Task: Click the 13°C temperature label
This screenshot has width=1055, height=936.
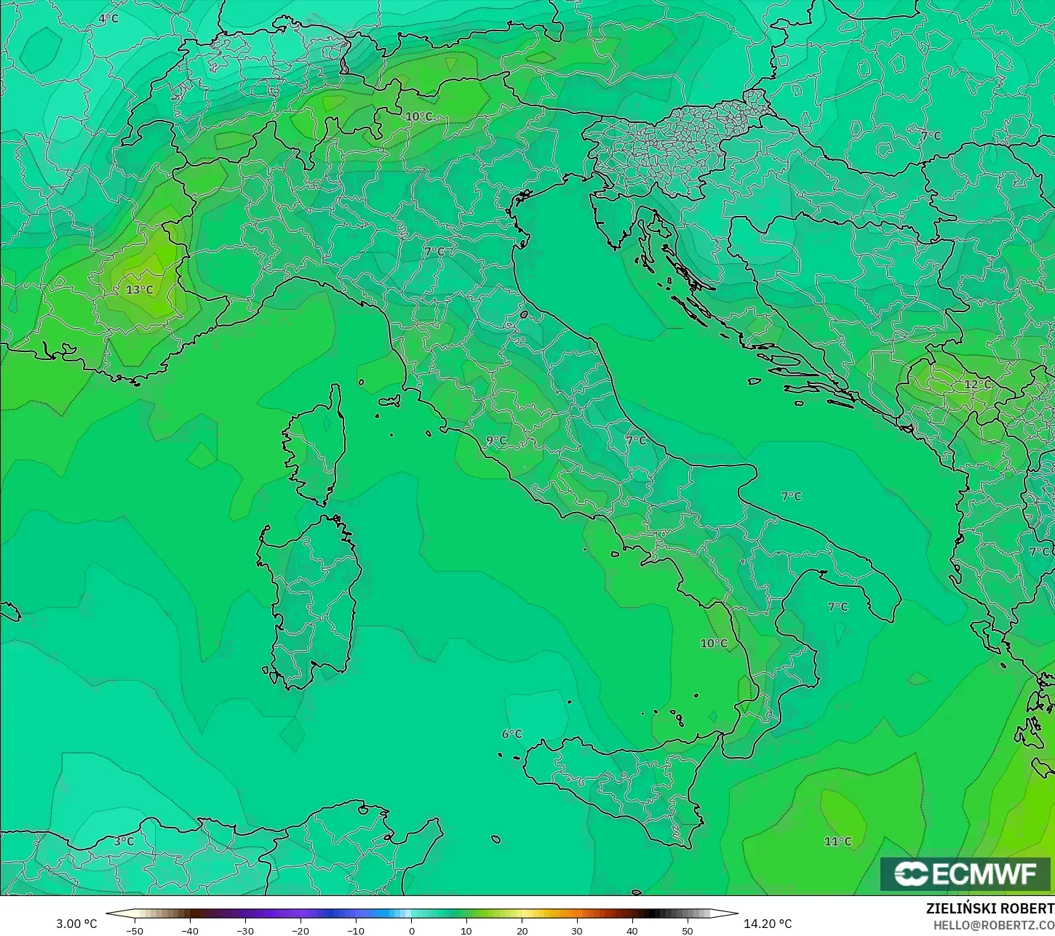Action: (x=140, y=289)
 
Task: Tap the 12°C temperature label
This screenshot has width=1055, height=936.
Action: (x=978, y=384)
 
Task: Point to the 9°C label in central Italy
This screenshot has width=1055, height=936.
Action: (x=497, y=441)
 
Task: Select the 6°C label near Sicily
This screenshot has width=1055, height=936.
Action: (x=512, y=734)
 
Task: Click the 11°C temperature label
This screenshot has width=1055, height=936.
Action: (x=837, y=841)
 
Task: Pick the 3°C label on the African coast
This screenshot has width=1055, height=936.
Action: (x=124, y=841)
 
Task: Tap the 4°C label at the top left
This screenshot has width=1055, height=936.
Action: (x=108, y=18)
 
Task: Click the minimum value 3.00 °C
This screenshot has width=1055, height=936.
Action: (x=76, y=924)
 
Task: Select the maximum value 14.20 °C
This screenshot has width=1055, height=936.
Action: (x=768, y=924)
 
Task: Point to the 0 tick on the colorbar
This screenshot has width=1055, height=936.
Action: (x=411, y=930)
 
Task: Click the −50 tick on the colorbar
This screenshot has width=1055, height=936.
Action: (x=135, y=930)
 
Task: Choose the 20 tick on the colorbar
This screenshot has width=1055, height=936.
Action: (x=522, y=930)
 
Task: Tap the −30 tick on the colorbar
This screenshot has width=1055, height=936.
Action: (x=245, y=930)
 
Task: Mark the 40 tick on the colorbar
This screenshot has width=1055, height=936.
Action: (x=632, y=930)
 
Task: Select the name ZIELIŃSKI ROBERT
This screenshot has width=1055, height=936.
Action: (x=990, y=908)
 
